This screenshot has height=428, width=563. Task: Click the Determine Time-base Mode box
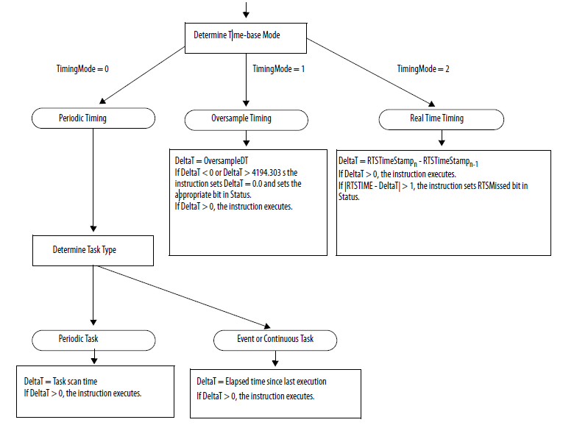[x=245, y=35]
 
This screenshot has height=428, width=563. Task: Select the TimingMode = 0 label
[x=82, y=68]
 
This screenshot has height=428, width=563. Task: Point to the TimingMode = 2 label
[x=423, y=68]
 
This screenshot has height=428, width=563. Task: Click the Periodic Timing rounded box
[x=93, y=118]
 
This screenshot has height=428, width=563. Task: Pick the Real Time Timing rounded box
[x=441, y=118]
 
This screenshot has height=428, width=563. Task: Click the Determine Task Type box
[x=93, y=250]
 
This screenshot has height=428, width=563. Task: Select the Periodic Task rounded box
[x=93, y=340]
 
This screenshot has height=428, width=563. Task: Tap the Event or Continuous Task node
[x=275, y=340]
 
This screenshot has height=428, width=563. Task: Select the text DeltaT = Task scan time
[x=60, y=381]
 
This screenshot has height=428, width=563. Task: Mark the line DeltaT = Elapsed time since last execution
[x=261, y=381]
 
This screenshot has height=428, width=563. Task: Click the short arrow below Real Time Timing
[x=441, y=139]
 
